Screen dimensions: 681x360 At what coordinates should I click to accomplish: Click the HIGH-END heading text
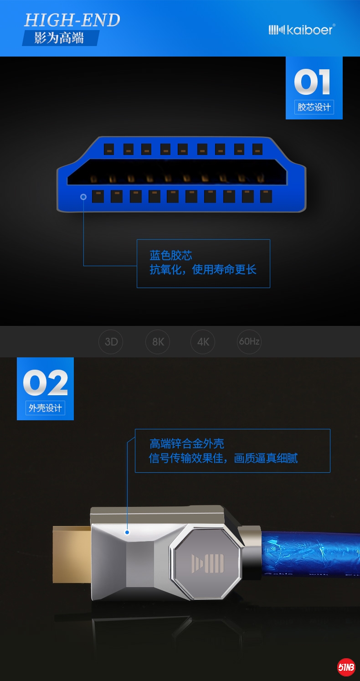[72, 20]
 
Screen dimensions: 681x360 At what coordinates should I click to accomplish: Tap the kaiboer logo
[302, 30]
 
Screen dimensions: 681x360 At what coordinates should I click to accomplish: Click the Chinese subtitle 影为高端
[59, 38]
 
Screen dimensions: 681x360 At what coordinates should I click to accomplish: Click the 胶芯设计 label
[314, 107]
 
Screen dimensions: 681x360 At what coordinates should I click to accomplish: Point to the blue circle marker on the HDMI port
[83, 196]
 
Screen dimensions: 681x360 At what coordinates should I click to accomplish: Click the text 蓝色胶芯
[171, 255]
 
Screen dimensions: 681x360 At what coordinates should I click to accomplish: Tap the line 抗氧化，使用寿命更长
[203, 269]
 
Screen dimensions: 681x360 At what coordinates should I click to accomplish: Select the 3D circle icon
[111, 342]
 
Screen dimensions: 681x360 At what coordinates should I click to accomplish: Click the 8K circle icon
[158, 342]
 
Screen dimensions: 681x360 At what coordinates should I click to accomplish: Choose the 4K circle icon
[203, 342]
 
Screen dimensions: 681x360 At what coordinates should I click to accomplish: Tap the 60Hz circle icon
[249, 341]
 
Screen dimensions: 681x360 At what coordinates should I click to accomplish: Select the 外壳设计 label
[45, 408]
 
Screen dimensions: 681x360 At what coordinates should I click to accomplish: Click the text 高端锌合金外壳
[187, 444]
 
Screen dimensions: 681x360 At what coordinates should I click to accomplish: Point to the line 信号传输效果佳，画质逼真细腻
[223, 458]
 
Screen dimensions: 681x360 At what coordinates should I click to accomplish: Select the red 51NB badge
[346, 668]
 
